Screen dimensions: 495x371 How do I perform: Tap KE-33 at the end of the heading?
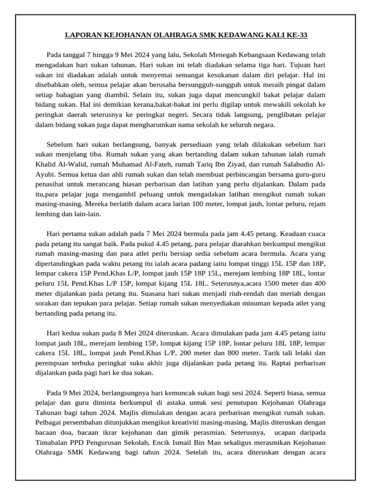tap(296, 35)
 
